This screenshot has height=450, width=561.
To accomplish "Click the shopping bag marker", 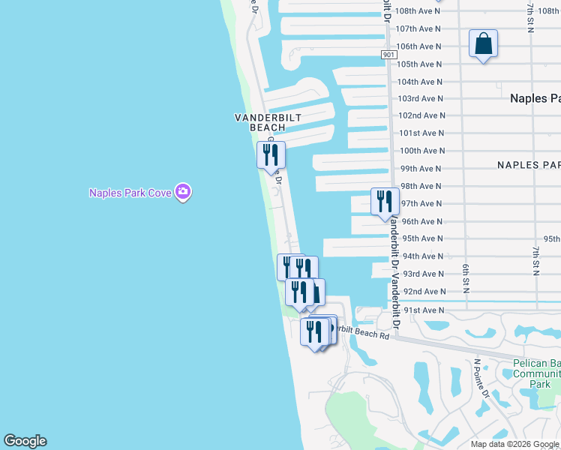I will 484,44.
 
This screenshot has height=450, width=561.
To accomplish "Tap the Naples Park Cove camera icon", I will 182,193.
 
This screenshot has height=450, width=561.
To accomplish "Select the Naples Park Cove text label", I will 130,193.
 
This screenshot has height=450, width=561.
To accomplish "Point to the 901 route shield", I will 388,55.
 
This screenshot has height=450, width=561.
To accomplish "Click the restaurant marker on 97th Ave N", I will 385,202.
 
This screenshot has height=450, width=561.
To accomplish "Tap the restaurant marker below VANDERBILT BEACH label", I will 271,155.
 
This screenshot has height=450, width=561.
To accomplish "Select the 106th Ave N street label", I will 418,46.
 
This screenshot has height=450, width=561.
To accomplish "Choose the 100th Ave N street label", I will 421,151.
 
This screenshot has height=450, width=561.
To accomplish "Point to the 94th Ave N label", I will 423,256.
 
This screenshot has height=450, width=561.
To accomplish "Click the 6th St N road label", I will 466,278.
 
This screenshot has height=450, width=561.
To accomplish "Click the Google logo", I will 25,441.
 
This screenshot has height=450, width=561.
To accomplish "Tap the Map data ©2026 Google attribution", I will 514,444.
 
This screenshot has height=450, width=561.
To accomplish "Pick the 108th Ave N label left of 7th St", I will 418,11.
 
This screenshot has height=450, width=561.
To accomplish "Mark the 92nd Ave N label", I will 424,291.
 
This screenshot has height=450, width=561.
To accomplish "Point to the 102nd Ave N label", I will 421,115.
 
